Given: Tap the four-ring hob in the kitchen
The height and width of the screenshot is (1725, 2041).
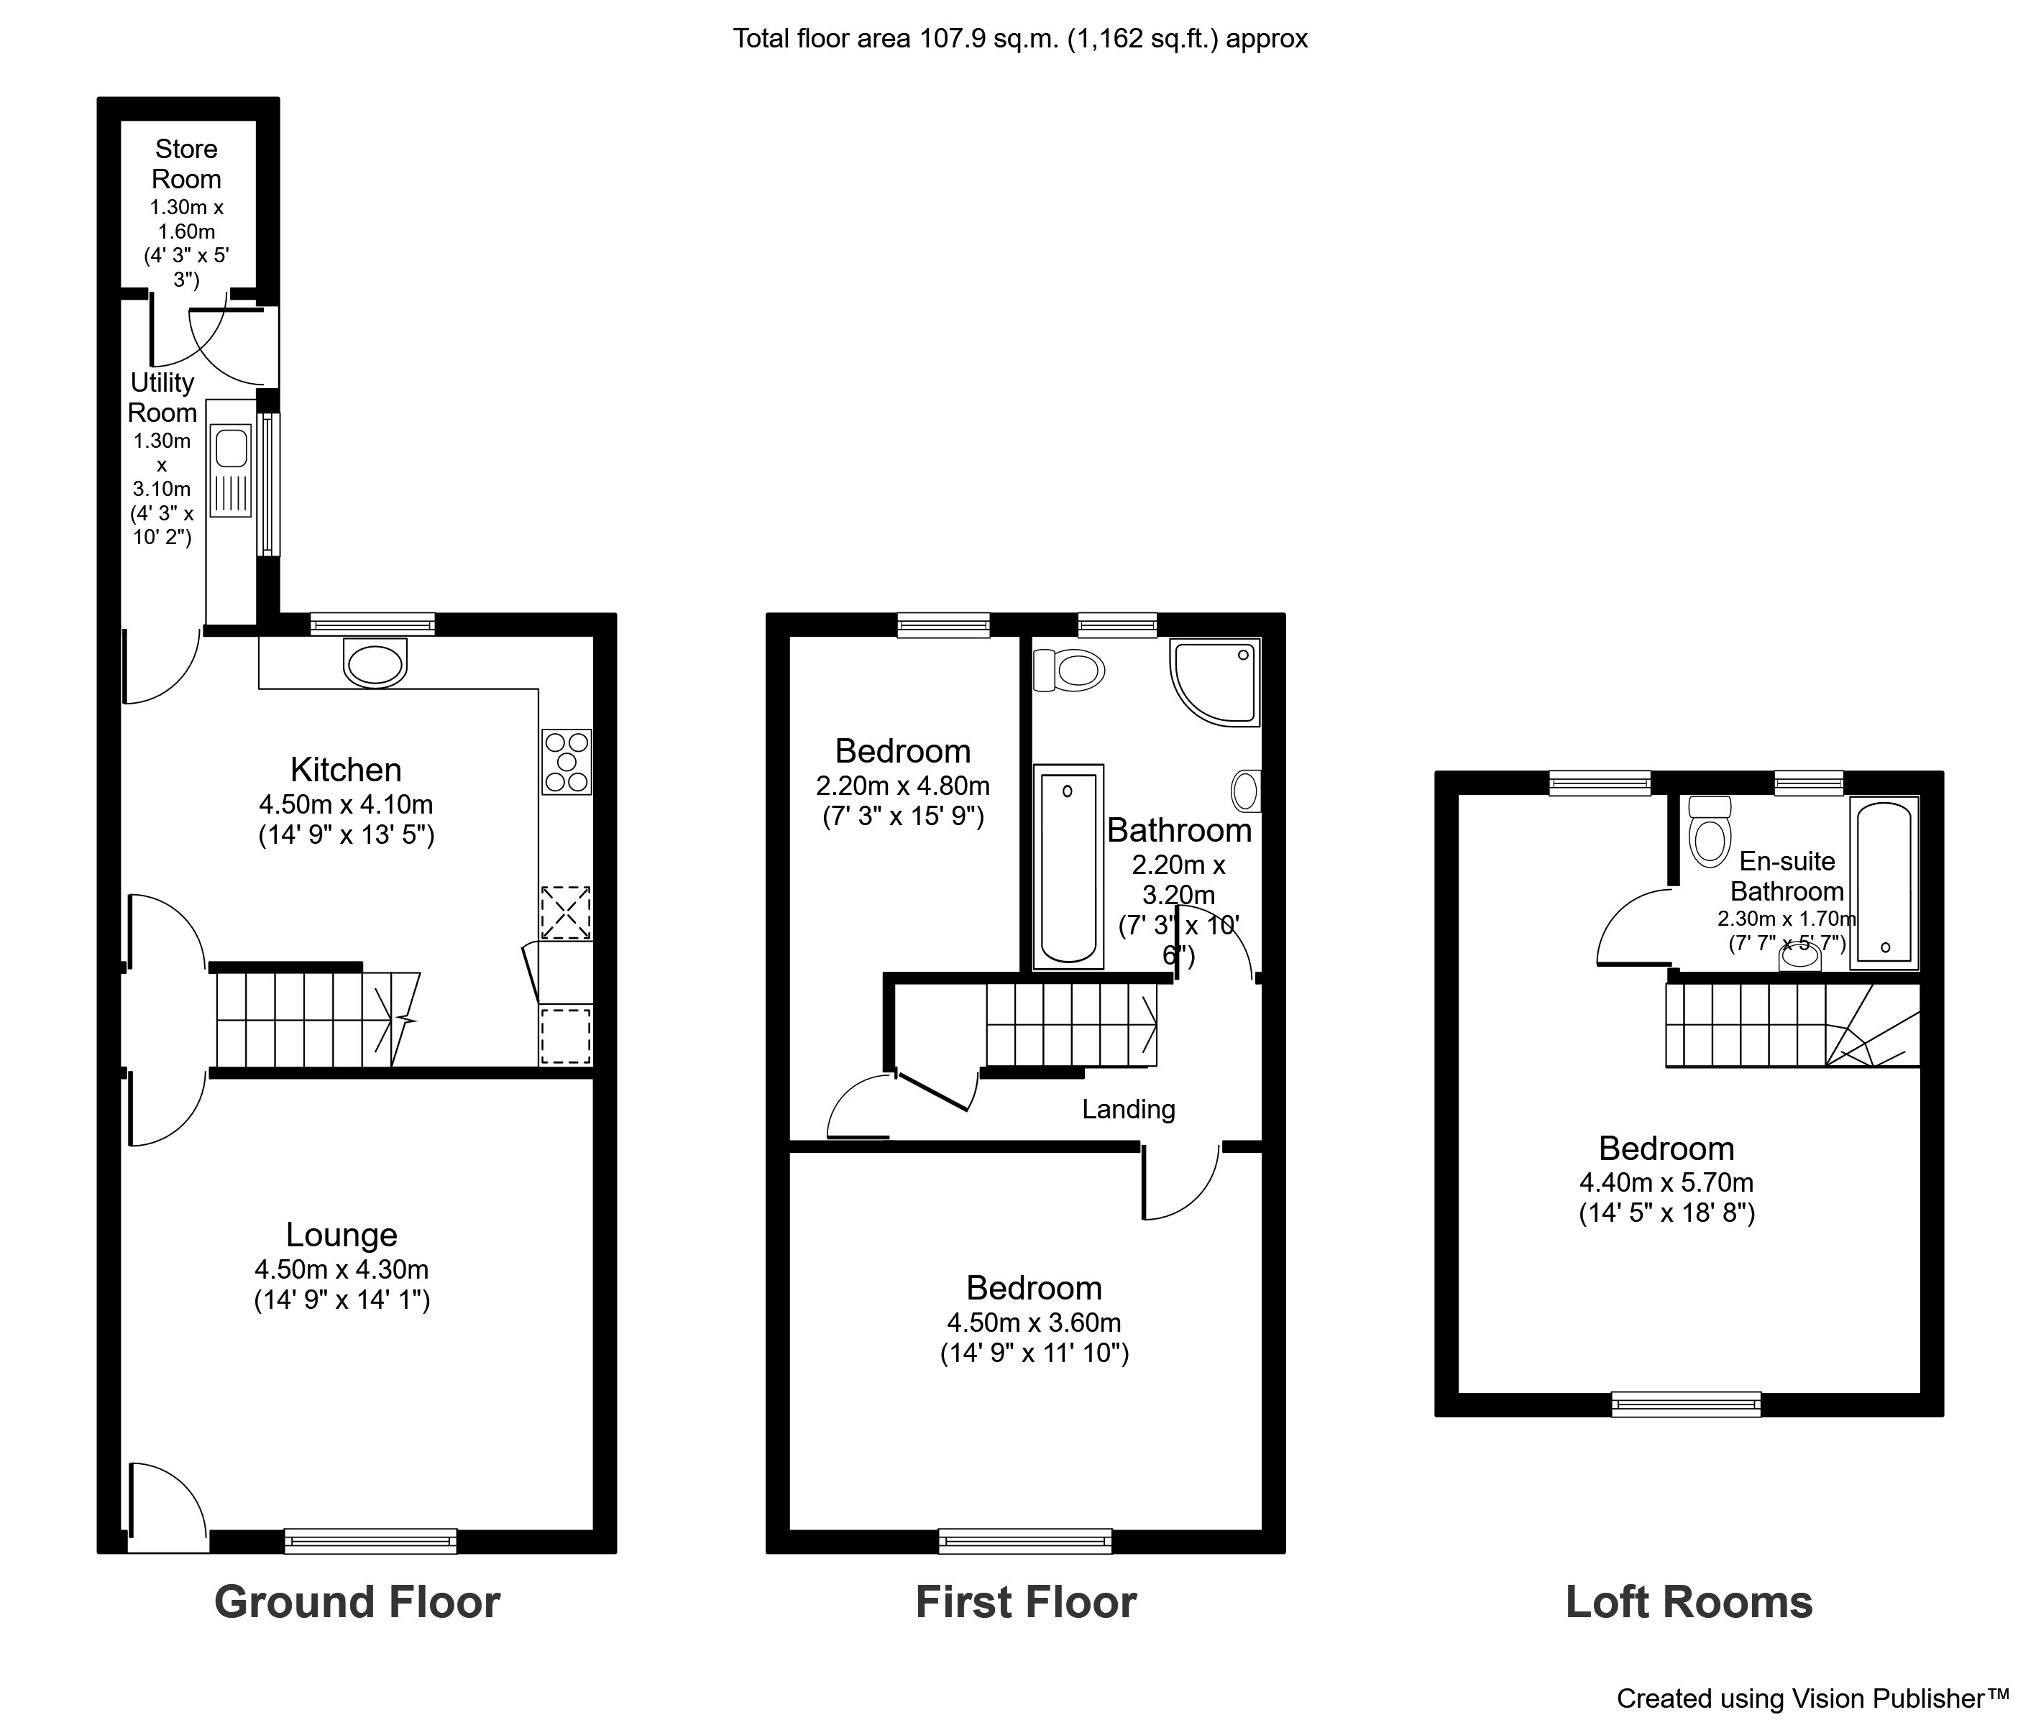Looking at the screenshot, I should tap(567, 762).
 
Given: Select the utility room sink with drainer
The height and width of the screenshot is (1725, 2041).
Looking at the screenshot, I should tap(231, 470).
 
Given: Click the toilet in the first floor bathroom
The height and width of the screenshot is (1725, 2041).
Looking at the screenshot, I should tap(1070, 671).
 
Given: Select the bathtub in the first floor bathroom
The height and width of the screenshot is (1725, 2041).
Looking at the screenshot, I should tap(1068, 866).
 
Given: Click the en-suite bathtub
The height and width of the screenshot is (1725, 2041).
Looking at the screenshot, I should tap(1884, 882).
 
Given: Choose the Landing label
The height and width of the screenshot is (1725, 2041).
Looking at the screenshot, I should tap(1127, 1109).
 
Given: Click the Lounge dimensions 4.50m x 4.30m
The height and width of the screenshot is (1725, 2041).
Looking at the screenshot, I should tap(341, 1269).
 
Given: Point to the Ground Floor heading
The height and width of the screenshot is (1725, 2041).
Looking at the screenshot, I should tap(357, 1602).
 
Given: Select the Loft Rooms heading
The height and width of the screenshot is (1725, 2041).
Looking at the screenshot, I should tap(1689, 1602).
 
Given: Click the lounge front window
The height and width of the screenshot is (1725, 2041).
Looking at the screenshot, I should tap(371, 1541).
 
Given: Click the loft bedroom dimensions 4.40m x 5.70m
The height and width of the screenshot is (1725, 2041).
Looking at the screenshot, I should tap(1666, 1182).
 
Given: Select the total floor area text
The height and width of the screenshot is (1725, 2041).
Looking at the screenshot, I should tap(1020, 39).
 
